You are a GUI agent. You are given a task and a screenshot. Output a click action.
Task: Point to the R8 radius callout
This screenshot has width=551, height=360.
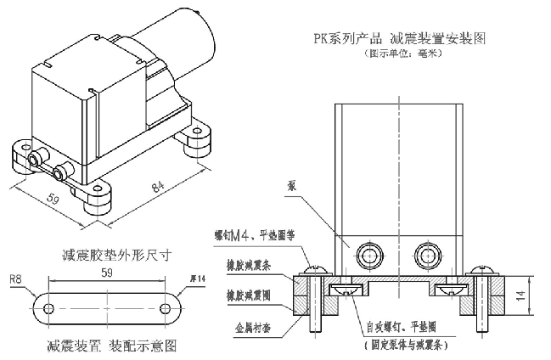coord(15,278)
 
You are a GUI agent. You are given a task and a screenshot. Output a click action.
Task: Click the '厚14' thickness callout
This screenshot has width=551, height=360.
coord(200,278)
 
